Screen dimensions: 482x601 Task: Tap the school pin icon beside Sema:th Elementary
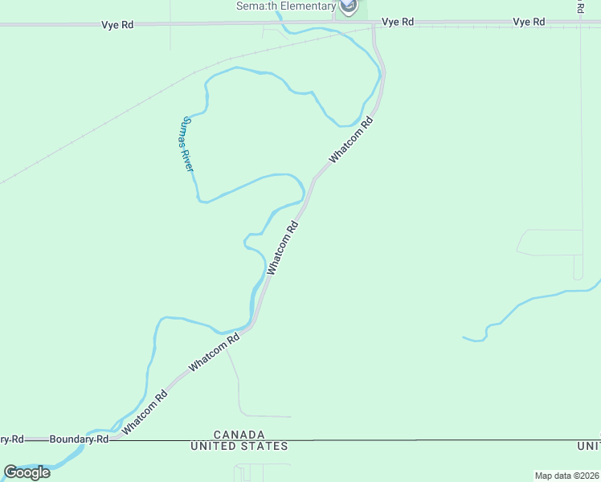pyautogui.click(x=348, y=7)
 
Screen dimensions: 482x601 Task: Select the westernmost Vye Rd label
pyautogui.click(x=117, y=25)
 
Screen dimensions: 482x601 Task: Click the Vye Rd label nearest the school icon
pyautogui.click(x=398, y=22)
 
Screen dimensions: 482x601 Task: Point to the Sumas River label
pyautogui.click(x=186, y=144)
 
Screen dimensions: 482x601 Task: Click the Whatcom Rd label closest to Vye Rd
pyautogui.click(x=352, y=142)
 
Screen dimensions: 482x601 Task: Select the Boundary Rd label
pyautogui.click(x=79, y=439)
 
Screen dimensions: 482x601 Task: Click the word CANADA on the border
pyautogui.click(x=239, y=434)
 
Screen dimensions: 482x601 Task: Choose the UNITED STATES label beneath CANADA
pyautogui.click(x=239, y=446)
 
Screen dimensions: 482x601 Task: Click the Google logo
pyautogui.click(x=27, y=472)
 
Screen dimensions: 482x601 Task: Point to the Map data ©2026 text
pyautogui.click(x=566, y=476)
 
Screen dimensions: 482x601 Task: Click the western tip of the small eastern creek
pyautogui.click(x=464, y=337)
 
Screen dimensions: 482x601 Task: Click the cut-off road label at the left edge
pyautogui.click(x=11, y=439)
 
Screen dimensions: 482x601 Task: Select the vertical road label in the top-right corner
pyautogui.click(x=580, y=6)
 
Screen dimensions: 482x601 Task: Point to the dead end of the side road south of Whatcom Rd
pyautogui.click(x=291, y=416)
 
